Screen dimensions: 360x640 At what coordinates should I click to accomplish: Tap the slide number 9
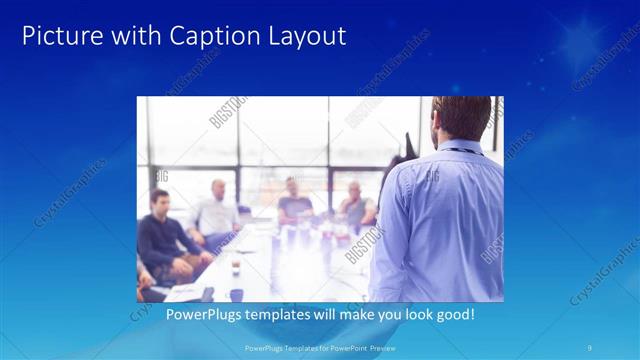point(591,348)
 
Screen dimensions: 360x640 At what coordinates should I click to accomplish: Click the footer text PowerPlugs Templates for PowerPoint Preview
point(319,348)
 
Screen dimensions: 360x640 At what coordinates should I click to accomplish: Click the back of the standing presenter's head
point(461,118)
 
